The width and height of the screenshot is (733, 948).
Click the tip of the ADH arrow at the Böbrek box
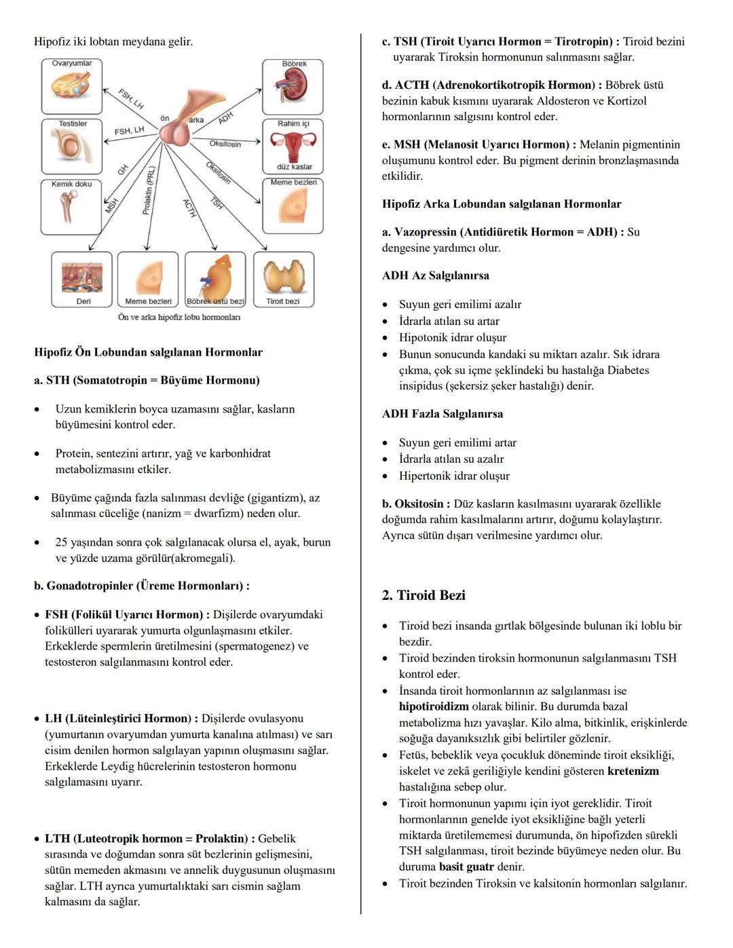261,90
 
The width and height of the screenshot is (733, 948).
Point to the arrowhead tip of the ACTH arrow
217,250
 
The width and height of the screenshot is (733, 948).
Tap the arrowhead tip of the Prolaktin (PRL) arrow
147,250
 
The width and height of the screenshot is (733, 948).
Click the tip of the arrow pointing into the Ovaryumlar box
103,89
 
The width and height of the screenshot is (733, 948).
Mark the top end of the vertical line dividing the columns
361,34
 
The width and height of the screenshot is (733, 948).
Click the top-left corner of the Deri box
52,252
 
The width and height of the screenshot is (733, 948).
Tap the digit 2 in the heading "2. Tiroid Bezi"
386,595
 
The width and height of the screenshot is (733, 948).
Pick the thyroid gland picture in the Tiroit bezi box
284,276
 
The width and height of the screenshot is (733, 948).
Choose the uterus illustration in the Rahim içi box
293,146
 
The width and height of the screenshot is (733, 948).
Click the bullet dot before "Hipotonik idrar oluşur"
385,338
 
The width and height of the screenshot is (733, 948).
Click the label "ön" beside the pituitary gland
165,118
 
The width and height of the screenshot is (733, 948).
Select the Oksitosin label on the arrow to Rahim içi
225,144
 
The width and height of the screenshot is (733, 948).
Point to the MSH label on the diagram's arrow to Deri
112,206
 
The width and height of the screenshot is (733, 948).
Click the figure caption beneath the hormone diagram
179,317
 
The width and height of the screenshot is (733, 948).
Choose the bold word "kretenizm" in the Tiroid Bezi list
633,771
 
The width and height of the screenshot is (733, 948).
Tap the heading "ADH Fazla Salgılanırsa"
443,413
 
